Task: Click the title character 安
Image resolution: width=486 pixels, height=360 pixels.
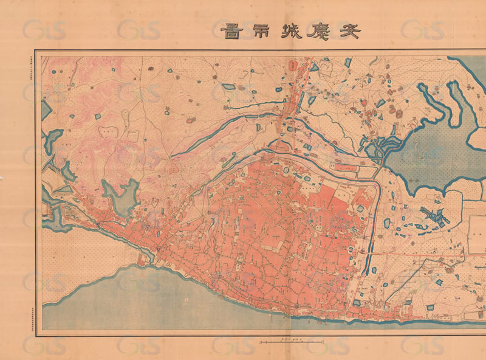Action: (x=348, y=30)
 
